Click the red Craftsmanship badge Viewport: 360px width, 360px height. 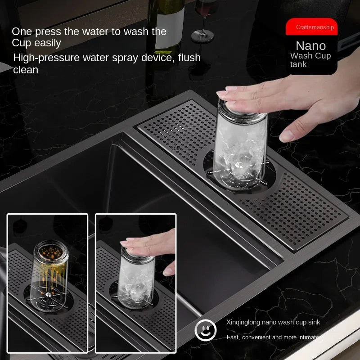pyautogui.click(x=311, y=27)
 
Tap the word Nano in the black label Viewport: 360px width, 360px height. pyautogui.click(x=310, y=45)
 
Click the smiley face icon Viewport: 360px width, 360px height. pyautogui.click(x=205, y=331)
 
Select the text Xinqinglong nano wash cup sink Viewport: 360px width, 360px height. pyautogui.click(x=273, y=322)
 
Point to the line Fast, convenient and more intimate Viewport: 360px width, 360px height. pyautogui.click(x=273, y=337)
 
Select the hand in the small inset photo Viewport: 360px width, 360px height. pyautogui.click(x=151, y=245)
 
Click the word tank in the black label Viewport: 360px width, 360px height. pyautogui.click(x=298, y=64)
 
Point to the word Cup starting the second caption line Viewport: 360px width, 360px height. pyautogui.click(x=22, y=43)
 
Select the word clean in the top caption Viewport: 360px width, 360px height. pyautogui.click(x=26, y=70)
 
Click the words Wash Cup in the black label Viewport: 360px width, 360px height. pyautogui.click(x=310, y=56)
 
